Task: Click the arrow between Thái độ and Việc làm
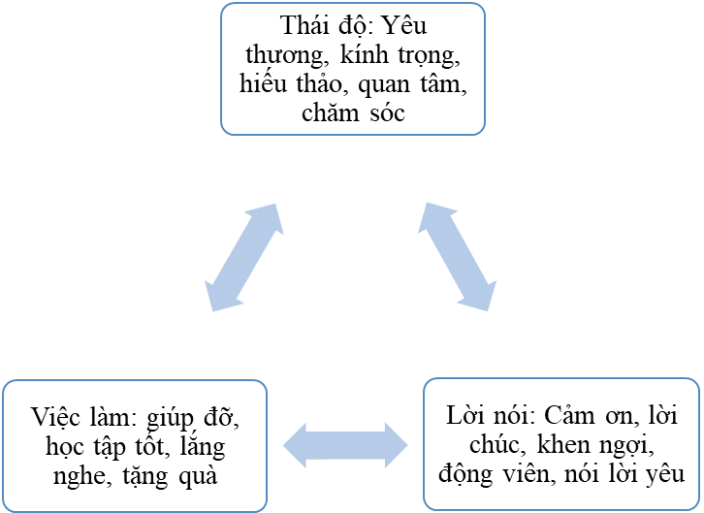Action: click(x=244, y=257)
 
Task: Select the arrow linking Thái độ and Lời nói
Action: click(x=459, y=256)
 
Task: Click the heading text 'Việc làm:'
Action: click(x=77, y=420)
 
